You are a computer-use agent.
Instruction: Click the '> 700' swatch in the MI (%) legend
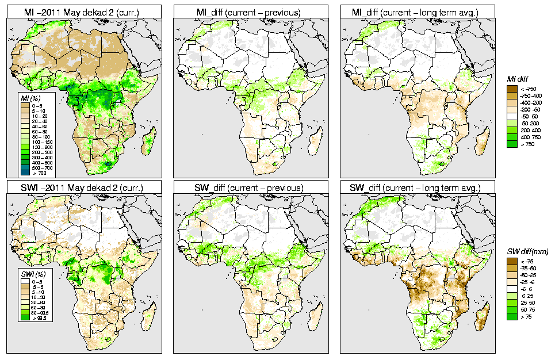26,173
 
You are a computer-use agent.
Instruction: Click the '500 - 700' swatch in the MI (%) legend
26,167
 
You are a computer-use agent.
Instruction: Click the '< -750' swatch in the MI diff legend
512,89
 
